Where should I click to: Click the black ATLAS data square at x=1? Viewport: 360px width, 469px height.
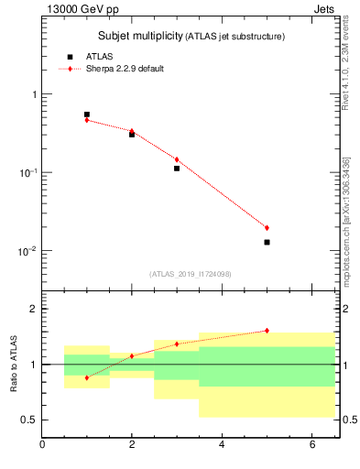[87, 115]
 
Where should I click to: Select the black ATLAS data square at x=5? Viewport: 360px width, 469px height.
[267, 242]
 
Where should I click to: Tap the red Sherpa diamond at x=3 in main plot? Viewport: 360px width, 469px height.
[177, 159]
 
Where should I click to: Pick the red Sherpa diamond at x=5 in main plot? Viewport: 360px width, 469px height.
[267, 227]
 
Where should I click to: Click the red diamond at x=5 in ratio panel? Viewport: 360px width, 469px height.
[267, 331]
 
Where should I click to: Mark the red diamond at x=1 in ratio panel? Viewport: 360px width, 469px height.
[87, 377]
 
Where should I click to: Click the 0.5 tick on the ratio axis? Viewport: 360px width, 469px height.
[29, 420]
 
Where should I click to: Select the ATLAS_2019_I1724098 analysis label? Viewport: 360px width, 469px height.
[191, 273]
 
